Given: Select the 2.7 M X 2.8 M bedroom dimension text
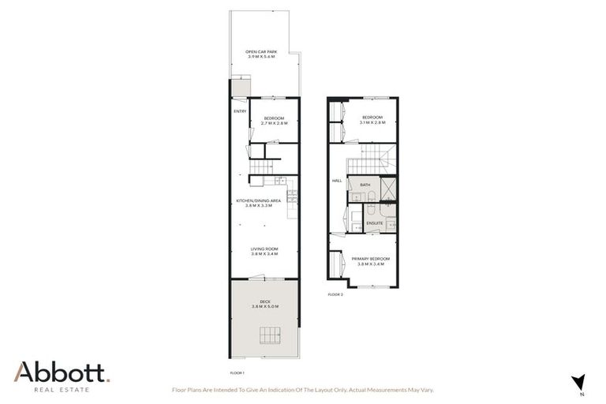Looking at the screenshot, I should coord(275,124).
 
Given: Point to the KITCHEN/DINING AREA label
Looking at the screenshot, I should coord(259,201).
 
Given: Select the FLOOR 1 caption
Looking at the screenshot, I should coord(237,372).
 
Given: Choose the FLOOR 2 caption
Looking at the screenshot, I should coord(336,294).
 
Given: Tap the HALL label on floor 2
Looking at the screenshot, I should coord(336,181).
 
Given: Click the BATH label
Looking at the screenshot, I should coord(365,185).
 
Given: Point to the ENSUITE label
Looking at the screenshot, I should coord(374,223).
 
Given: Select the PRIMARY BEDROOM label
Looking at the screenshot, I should coord(370,258).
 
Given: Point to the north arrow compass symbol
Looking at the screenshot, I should coord(579,382).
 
